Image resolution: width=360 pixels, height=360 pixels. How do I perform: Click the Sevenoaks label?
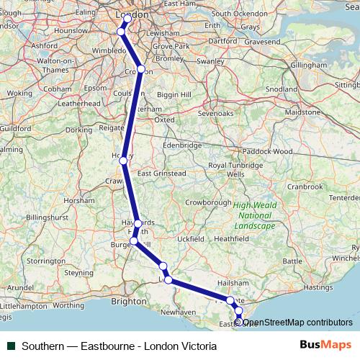coord(216,113)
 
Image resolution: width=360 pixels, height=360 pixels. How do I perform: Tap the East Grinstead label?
coord(161,174)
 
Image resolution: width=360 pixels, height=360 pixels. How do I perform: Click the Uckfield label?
coord(190,238)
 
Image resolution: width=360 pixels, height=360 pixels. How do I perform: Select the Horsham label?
coord(79,201)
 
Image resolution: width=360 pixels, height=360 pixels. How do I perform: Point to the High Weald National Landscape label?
coord(254,215)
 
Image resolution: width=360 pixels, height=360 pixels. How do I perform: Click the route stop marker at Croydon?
coord(141,70)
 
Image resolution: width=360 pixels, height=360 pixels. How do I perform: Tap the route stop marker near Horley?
coord(124,160)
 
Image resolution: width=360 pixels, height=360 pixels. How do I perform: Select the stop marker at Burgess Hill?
coord(134,241)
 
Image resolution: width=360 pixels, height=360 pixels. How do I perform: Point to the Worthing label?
coord(69,305)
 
